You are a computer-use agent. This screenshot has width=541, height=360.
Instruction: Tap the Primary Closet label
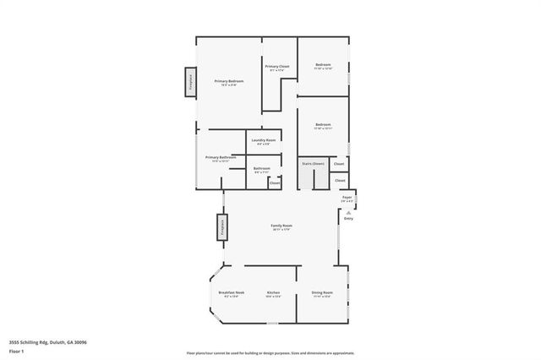(x=278, y=67)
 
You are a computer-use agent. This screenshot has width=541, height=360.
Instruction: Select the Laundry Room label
(x=264, y=140)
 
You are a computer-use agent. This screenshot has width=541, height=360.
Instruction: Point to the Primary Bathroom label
(x=220, y=157)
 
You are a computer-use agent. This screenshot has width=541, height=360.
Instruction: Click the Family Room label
(x=281, y=226)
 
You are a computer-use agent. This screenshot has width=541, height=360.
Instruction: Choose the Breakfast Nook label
(x=231, y=292)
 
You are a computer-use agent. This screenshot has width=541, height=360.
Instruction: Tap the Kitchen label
(x=273, y=292)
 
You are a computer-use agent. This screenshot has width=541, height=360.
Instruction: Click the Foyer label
(x=347, y=198)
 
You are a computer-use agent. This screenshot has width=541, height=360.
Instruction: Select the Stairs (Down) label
(x=313, y=163)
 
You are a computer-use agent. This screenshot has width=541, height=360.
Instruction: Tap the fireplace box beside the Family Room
(x=221, y=227)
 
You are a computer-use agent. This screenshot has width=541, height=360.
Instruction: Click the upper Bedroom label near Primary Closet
(x=323, y=64)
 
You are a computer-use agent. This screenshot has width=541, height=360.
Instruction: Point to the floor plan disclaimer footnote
(x=270, y=352)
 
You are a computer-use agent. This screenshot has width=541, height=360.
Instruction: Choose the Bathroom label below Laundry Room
(x=262, y=169)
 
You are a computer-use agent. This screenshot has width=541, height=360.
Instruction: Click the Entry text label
(x=348, y=218)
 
